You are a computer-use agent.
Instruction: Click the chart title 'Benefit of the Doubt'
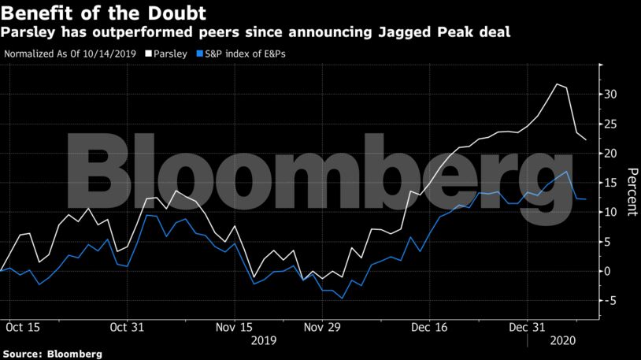tap(103, 13)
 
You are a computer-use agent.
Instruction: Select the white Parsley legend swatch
tap(149, 54)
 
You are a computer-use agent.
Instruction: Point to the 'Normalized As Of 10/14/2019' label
tap(71, 54)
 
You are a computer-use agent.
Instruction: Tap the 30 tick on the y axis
tap(612, 95)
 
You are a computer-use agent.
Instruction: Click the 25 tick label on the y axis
tap(612, 124)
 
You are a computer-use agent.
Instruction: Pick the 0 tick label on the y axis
tap(609, 271)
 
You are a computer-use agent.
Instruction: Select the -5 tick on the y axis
tap(610, 301)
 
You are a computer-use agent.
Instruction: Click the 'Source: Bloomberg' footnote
tap(51, 354)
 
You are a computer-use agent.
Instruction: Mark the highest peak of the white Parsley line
tap(558, 84)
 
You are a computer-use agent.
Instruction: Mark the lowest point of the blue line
tap(342, 299)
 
